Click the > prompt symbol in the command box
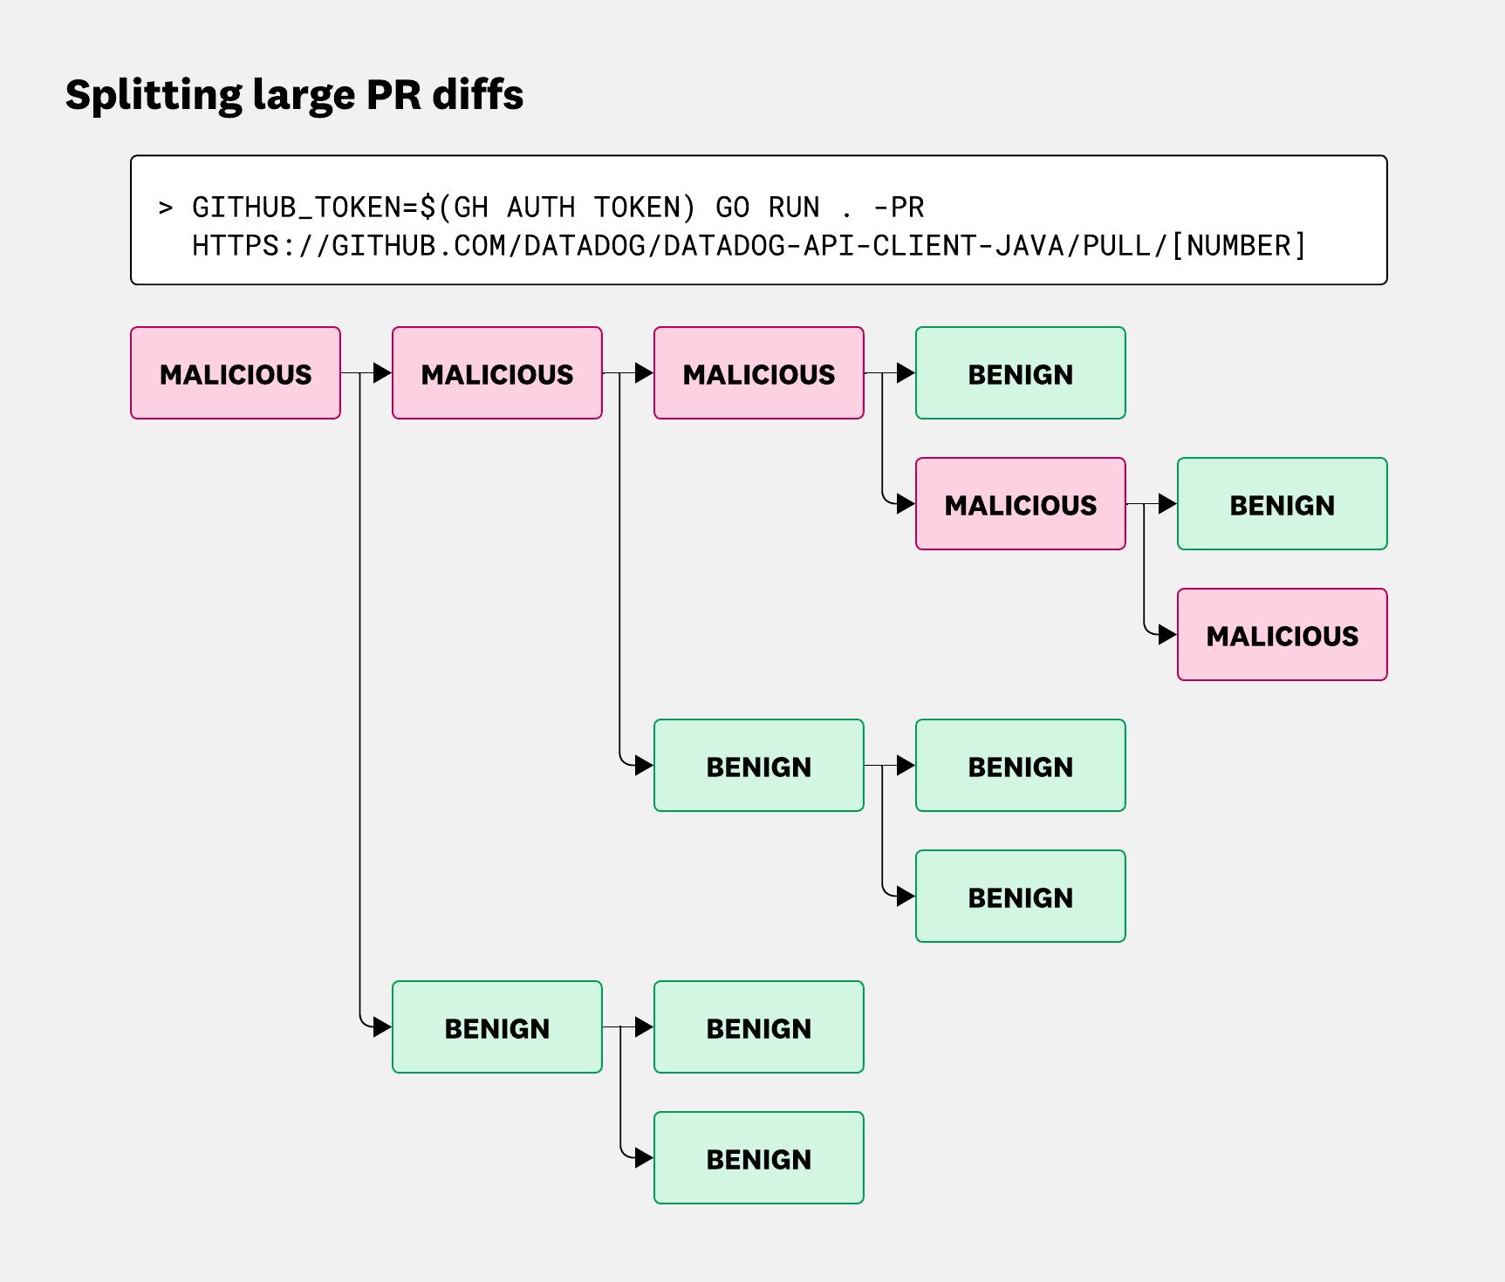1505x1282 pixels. point(165,208)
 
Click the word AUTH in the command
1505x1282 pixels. point(541,208)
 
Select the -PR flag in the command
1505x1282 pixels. point(899,208)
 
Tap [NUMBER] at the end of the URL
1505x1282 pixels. point(1237,246)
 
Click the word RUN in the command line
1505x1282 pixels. point(794,208)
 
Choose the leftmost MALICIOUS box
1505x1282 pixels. point(236,373)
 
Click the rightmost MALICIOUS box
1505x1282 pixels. point(1282,635)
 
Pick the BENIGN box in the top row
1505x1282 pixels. point(1020,373)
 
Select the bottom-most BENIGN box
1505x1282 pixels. point(758,1158)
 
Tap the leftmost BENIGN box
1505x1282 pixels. point(496,1027)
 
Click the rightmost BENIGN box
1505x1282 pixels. point(1282,504)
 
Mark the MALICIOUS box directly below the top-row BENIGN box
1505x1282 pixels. point(1020,504)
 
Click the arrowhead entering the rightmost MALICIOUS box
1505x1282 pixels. point(1167,635)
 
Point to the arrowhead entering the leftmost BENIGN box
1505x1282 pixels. point(382,1027)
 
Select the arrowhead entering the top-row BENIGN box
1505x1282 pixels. point(906,373)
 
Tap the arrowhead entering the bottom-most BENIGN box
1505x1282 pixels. point(644,1158)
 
